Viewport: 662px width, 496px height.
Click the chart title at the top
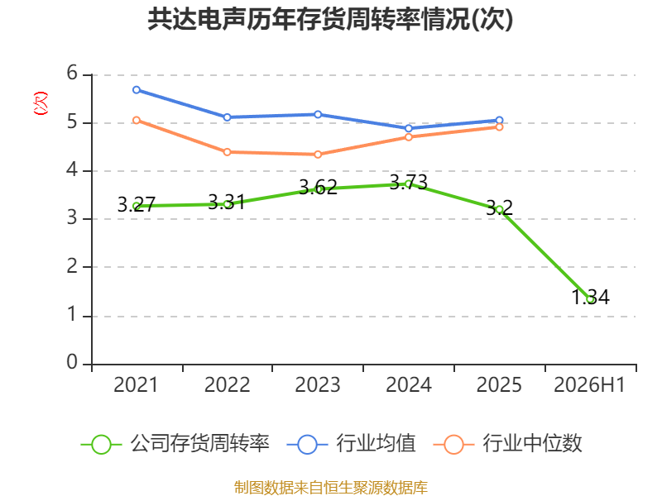pyautogui.click(x=330, y=19)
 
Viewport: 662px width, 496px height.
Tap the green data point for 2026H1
pyautogui.click(x=590, y=299)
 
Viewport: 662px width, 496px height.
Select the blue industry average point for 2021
pyautogui.click(x=137, y=90)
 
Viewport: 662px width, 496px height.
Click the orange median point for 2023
pyautogui.click(x=318, y=155)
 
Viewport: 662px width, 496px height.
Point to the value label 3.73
pyautogui.click(x=408, y=182)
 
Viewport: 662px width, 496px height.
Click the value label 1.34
pyautogui.click(x=590, y=297)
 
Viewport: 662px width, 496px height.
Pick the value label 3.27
pyautogui.click(x=137, y=204)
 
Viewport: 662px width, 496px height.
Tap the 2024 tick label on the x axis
pyautogui.click(x=409, y=384)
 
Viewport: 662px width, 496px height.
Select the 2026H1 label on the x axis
pyautogui.click(x=589, y=384)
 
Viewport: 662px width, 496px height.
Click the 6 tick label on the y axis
pyautogui.click(x=72, y=73)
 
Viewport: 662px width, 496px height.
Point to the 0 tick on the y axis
pyautogui.click(x=72, y=362)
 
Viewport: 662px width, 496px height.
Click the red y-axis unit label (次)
pyautogui.click(x=41, y=103)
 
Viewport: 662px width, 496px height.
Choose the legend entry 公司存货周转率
pyautogui.click(x=175, y=444)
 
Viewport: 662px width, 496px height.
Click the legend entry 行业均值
pyautogui.click(x=351, y=444)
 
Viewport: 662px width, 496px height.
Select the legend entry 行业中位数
pyautogui.click(x=507, y=444)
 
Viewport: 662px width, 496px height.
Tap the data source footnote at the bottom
pyautogui.click(x=331, y=488)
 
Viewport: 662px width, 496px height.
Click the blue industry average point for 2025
pyautogui.click(x=499, y=120)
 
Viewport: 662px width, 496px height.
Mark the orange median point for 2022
pyautogui.click(x=227, y=152)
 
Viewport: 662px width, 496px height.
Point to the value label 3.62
pyautogui.click(x=318, y=188)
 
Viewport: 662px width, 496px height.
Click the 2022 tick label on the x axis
pyautogui.click(x=227, y=384)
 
